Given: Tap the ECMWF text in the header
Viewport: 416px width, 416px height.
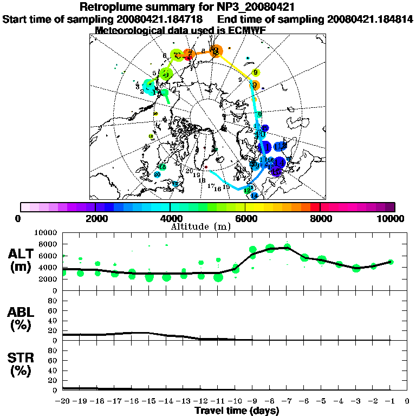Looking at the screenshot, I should pos(246,30).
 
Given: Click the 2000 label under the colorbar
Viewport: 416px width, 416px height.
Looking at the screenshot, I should pos(95,218).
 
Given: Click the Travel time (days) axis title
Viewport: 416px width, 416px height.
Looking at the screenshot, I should pos(237,411).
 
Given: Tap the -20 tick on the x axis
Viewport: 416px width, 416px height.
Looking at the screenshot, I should pos(63,402).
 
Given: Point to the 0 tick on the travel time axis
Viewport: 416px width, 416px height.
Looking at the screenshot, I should pos(407,402).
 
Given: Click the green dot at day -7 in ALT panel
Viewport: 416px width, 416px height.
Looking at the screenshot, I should pos(287,247).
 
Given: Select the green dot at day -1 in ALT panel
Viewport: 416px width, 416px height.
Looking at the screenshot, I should pos(391,262).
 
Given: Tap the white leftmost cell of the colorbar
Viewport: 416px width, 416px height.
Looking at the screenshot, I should pos(25,207).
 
